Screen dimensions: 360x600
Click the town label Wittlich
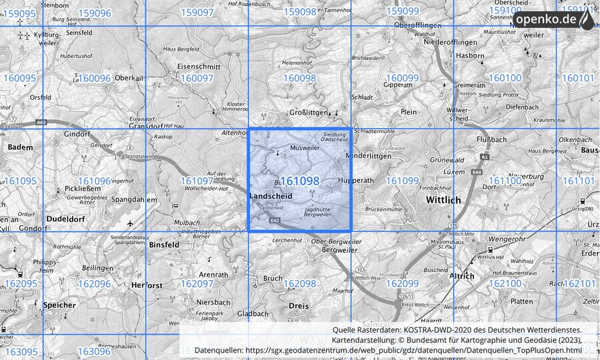coord(443,199)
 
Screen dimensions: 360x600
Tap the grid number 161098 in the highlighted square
coord(299,181)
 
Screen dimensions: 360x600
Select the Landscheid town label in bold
coord(271,196)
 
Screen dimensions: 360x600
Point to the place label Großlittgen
coord(311,113)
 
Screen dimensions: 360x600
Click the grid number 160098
coord(299,78)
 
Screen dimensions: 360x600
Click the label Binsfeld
coord(165,245)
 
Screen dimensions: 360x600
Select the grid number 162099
coord(402,283)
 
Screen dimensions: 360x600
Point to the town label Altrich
coord(461,275)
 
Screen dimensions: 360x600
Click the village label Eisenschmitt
coord(199,67)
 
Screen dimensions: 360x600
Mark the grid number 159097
coord(197,12)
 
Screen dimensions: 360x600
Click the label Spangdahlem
coord(133,199)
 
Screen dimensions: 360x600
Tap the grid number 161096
coord(94,181)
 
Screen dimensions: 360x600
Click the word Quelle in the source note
coord(347,329)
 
